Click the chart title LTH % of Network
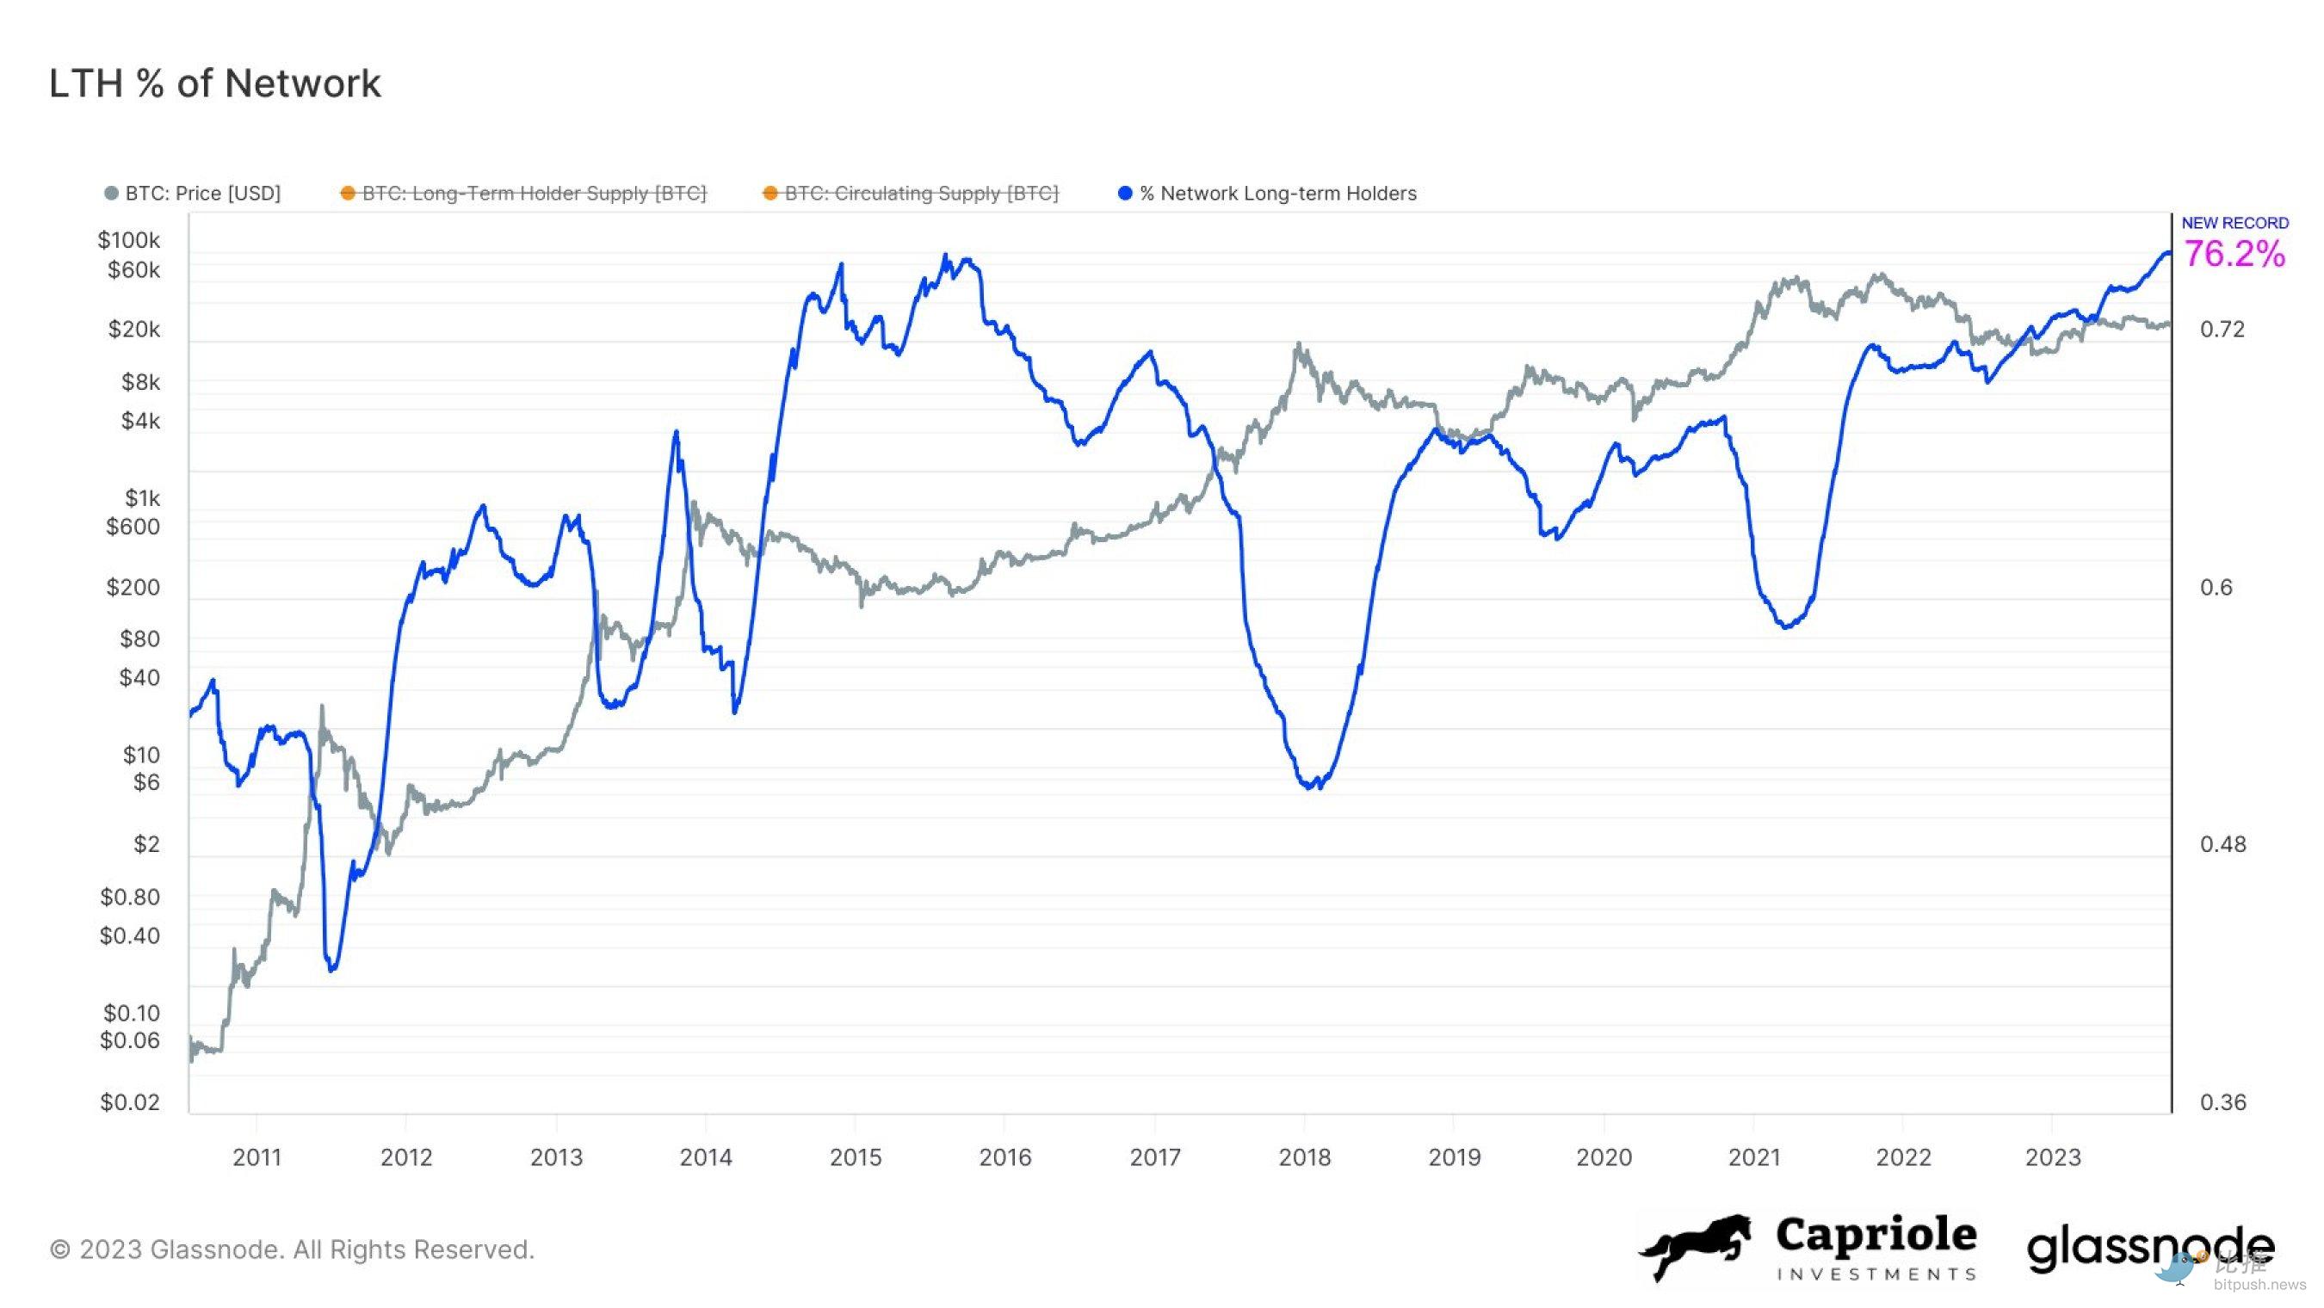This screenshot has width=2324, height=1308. tap(214, 83)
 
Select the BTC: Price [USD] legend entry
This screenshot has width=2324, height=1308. tap(202, 193)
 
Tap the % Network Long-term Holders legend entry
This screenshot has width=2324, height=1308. tap(1276, 193)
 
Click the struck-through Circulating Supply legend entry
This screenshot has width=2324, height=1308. tap(920, 193)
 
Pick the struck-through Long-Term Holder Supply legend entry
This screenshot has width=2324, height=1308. tap(533, 193)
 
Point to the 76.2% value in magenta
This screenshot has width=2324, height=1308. tap(2234, 255)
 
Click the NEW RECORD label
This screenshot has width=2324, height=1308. tap(2234, 223)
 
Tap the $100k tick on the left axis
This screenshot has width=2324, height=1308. tap(129, 240)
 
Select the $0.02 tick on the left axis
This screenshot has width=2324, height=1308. tap(130, 1102)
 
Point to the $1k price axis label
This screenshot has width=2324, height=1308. tap(142, 498)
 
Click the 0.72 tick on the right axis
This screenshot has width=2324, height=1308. tap(2222, 330)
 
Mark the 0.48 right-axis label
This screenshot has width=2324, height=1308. tap(2222, 844)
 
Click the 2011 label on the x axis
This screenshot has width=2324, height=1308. tap(257, 1157)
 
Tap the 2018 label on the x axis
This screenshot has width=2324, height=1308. tap(1304, 1157)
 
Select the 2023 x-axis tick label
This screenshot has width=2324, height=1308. tap(2053, 1157)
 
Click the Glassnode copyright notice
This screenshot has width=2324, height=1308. tap(293, 1249)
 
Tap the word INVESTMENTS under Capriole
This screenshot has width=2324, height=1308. tap(1876, 1274)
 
